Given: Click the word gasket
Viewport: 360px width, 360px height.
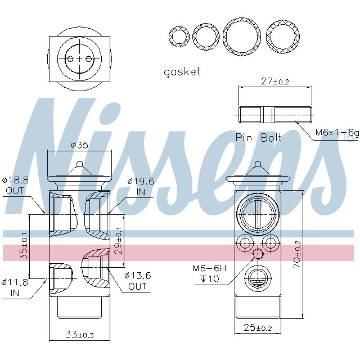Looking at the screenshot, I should click(x=182, y=72).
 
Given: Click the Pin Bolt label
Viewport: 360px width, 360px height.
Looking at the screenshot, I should click(x=258, y=137).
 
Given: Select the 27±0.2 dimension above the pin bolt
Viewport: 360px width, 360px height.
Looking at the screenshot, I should click(x=275, y=81).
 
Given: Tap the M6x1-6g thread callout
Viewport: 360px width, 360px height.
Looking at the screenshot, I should click(x=336, y=133).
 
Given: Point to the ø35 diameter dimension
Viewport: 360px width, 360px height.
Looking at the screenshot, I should click(x=79, y=145).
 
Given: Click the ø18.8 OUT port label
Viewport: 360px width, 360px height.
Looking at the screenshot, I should click(x=15, y=186).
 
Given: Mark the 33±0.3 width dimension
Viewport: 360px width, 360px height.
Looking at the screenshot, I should click(x=78, y=336).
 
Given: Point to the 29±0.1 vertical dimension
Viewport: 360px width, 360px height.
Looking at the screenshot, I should click(x=118, y=242).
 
